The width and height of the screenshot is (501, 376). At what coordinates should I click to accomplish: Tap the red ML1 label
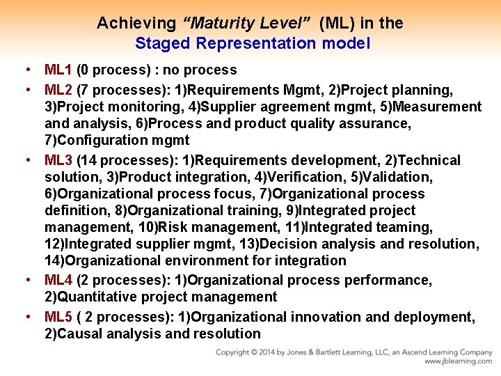pos(58,70)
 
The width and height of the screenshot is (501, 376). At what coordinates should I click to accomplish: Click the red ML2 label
pos(58,91)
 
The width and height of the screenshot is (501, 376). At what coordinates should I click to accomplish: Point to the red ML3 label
pos(58,161)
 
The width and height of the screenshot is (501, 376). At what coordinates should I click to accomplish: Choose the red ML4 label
pos(58,281)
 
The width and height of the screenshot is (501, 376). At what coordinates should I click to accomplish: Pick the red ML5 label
pos(58,318)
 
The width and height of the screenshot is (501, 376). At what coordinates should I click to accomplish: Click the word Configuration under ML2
pos(104,141)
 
